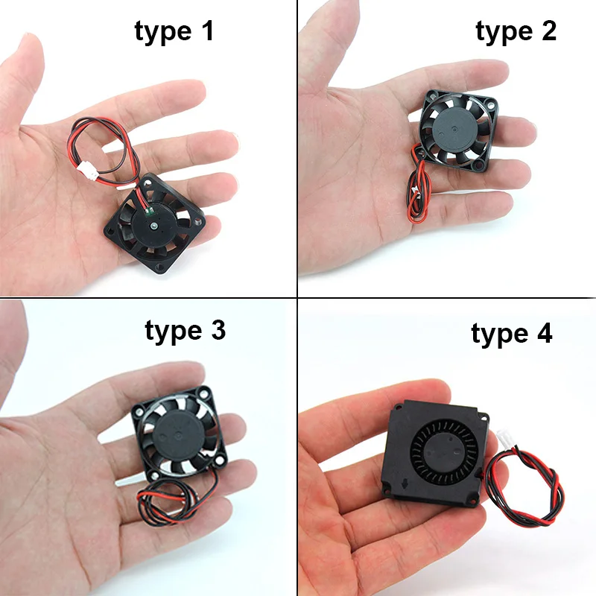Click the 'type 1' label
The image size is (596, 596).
point(174,32)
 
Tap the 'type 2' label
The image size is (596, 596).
point(516,32)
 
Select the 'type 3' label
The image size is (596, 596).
point(185,331)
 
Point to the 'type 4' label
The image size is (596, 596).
point(511,335)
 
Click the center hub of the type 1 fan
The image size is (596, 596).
point(153,226)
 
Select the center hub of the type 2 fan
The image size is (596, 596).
point(454,130)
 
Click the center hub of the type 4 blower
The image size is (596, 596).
point(445,451)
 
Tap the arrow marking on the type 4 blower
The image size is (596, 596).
point(405,484)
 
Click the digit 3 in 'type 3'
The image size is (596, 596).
point(218,330)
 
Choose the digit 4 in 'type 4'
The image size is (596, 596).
point(545,333)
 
